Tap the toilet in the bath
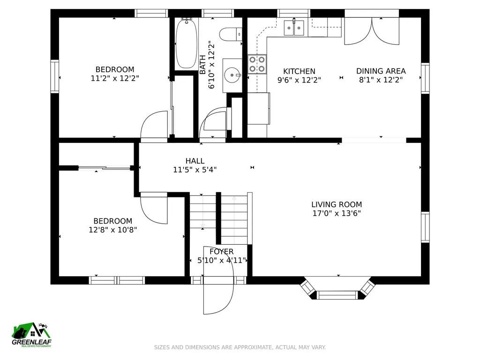click(232, 34)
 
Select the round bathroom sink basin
click(232, 75)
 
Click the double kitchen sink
click(294, 28)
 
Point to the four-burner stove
click(257, 64)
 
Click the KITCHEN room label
click(299, 71)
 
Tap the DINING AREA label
click(381, 71)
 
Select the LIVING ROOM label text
click(337, 204)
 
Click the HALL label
click(195, 161)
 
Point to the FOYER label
click(221, 252)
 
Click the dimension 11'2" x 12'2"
click(115, 78)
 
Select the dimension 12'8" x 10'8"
click(112, 230)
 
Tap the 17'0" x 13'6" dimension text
click(337, 213)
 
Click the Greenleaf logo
click(31, 335)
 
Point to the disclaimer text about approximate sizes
click(240, 347)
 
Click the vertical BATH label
click(202, 65)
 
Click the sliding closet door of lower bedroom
click(105, 168)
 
